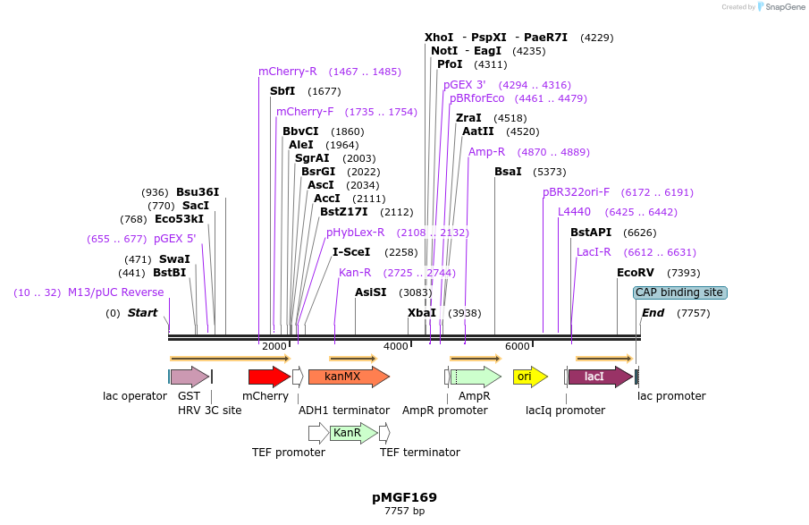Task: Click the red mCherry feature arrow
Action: pyautogui.click(x=268, y=377)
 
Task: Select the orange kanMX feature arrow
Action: pyautogui.click(x=348, y=377)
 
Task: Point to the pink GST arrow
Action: pyautogui.click(x=189, y=377)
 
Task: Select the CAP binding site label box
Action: pyautogui.click(x=679, y=292)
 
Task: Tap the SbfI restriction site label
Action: pyautogui.click(x=282, y=91)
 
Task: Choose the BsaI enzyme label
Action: pyautogui.click(x=508, y=172)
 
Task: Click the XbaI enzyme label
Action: pyautogui.click(x=422, y=313)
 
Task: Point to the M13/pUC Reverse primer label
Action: pyautogui.click(x=116, y=292)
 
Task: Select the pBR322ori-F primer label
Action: pyautogui.click(x=576, y=192)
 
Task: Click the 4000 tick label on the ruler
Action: pyautogui.click(x=395, y=346)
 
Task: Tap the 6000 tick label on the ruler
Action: pyautogui.click(x=517, y=346)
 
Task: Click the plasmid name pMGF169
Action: pyautogui.click(x=404, y=497)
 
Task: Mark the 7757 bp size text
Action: pyautogui.click(x=404, y=512)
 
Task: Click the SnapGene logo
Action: pyautogui.click(x=780, y=7)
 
